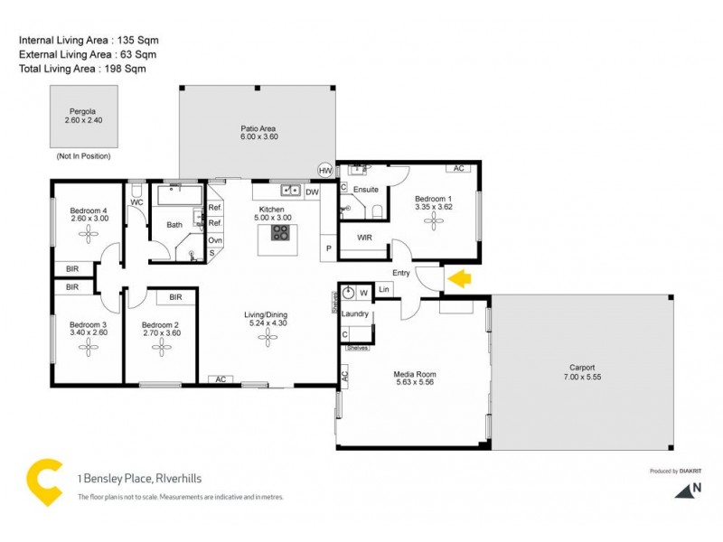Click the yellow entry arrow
(x=459, y=278)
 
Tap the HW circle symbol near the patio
(x=325, y=171)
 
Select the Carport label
(x=582, y=368)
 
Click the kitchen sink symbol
(x=290, y=191)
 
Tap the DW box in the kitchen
(x=312, y=192)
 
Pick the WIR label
(x=365, y=238)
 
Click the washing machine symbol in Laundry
(x=348, y=293)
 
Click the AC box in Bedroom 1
(x=458, y=169)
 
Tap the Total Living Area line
(x=82, y=69)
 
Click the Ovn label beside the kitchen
(x=215, y=240)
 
